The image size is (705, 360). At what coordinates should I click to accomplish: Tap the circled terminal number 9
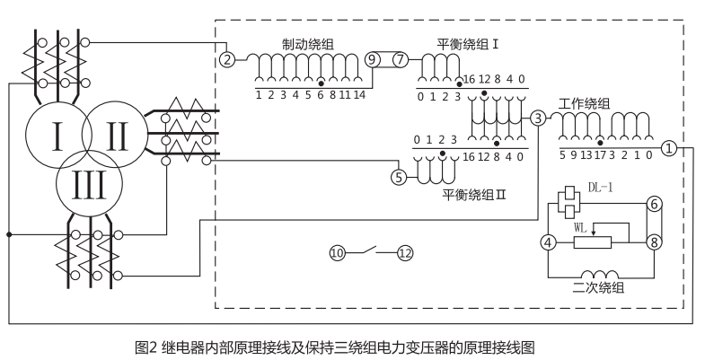tap(374, 59)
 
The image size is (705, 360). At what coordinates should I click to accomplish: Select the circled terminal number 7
tap(400, 59)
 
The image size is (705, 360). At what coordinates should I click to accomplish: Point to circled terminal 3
tap(537, 118)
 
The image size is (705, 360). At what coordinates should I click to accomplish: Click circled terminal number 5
tap(400, 177)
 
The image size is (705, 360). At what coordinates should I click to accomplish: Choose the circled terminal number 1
tap(669, 147)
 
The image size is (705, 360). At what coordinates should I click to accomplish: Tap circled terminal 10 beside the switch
tap(337, 253)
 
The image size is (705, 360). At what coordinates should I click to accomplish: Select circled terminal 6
tap(654, 205)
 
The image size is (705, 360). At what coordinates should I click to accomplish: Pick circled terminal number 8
tap(654, 241)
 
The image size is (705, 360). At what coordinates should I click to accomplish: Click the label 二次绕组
tap(598, 288)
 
